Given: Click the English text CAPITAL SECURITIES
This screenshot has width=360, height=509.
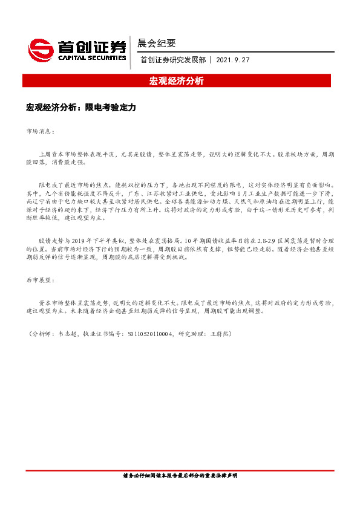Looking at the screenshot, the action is tap(92, 58).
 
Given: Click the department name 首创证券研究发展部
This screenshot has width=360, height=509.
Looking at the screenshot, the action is tap(172, 60).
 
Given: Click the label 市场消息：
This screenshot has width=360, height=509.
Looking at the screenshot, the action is tap(40, 131).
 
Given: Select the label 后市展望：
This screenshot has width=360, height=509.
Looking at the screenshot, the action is tap(40, 280).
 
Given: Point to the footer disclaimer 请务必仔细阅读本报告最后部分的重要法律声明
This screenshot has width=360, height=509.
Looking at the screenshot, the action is tap(180, 476).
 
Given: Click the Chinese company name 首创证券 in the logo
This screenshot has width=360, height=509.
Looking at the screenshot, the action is tap(92, 46).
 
